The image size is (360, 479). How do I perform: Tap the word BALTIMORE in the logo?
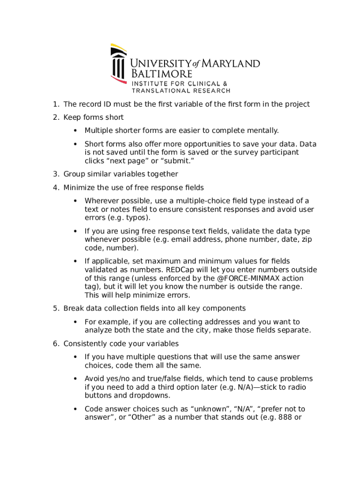coord(162,74)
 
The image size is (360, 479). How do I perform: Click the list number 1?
coord(55,104)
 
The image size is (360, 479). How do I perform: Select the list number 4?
coord(55,188)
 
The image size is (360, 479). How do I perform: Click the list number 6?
coord(55,344)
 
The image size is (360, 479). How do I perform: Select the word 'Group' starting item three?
coord(74,174)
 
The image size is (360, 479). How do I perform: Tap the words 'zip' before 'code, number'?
coord(306,239)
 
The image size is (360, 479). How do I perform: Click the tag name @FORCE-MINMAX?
coord(252,278)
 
